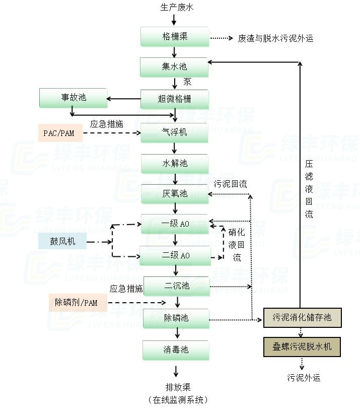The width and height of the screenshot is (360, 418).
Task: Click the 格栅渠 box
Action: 174,37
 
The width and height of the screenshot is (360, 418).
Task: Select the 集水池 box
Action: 174,66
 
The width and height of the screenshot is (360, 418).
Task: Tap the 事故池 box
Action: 74,98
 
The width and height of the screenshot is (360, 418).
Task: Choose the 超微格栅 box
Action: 174,99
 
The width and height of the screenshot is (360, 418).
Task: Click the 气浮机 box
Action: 174,132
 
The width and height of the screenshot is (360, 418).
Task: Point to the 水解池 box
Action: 174,164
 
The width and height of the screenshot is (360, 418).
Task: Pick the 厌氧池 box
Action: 174,194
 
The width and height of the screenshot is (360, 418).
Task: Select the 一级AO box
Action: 175,224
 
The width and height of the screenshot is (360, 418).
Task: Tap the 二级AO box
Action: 175,255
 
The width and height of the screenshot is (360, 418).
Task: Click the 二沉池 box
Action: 176,286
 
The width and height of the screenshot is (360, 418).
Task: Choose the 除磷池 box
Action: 176,318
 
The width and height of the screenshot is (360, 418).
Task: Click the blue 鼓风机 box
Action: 62,241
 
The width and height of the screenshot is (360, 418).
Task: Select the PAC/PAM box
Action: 60,133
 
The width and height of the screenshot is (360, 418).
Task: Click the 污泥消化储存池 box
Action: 302,317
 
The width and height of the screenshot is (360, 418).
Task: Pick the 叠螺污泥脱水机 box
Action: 302,346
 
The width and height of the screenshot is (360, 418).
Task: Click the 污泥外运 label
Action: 304,377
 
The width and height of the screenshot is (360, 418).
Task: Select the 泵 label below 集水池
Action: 187,82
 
